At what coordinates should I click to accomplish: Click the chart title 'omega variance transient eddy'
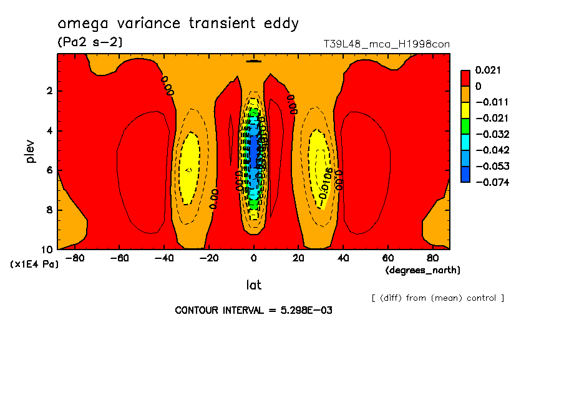(x=178, y=24)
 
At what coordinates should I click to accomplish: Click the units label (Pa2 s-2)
(x=90, y=42)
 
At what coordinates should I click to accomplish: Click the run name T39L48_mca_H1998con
(x=386, y=44)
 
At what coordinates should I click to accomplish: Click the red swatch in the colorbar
(x=465, y=77)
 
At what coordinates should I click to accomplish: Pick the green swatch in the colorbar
(x=465, y=125)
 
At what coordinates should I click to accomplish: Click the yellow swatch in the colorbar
(x=465, y=110)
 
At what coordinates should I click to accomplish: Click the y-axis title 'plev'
(x=31, y=152)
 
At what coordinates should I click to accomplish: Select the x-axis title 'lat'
(x=253, y=285)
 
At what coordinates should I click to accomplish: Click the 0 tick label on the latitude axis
(x=253, y=258)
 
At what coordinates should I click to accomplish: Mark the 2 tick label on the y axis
(x=49, y=91)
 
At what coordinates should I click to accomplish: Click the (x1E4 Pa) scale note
(x=34, y=264)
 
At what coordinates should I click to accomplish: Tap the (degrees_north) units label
(x=423, y=270)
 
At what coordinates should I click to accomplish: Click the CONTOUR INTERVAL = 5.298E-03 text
(x=253, y=310)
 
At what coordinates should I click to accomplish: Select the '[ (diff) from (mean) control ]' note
(x=437, y=298)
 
